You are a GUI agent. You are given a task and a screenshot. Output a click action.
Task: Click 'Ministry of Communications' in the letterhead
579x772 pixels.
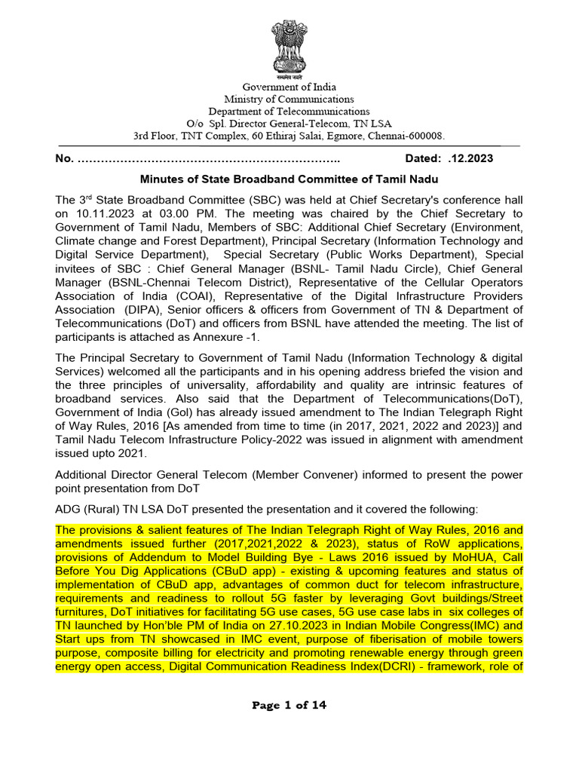tap(289, 99)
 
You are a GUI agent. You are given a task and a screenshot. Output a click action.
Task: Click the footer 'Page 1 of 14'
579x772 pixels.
tap(289, 706)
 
